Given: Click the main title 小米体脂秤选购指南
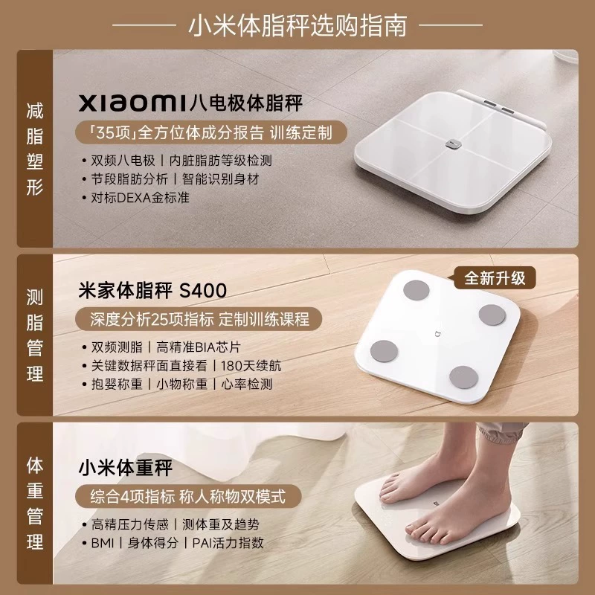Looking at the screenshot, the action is click(297, 26).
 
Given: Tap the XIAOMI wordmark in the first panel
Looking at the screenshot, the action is click(133, 103).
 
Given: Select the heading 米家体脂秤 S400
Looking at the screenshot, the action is click(152, 291).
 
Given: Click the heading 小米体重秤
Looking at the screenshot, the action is click(126, 468).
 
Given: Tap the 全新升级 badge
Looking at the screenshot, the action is click(495, 278).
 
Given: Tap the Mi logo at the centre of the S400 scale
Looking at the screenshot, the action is click(437, 334).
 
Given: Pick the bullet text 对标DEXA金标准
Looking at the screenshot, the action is click(140, 198).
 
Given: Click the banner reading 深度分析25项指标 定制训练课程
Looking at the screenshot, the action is click(199, 319).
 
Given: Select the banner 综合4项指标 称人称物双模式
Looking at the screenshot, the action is click(188, 496).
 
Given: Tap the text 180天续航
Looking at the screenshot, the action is click(251, 366).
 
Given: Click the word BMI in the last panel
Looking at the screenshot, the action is click(103, 543).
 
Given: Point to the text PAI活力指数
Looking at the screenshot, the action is click(228, 543).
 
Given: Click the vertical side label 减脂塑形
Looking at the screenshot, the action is click(35, 149).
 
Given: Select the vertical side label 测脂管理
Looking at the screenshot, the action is click(35, 335).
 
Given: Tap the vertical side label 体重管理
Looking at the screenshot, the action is click(35, 504).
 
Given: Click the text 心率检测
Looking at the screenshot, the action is click(247, 385).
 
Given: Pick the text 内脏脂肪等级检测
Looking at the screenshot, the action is click(220, 161).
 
